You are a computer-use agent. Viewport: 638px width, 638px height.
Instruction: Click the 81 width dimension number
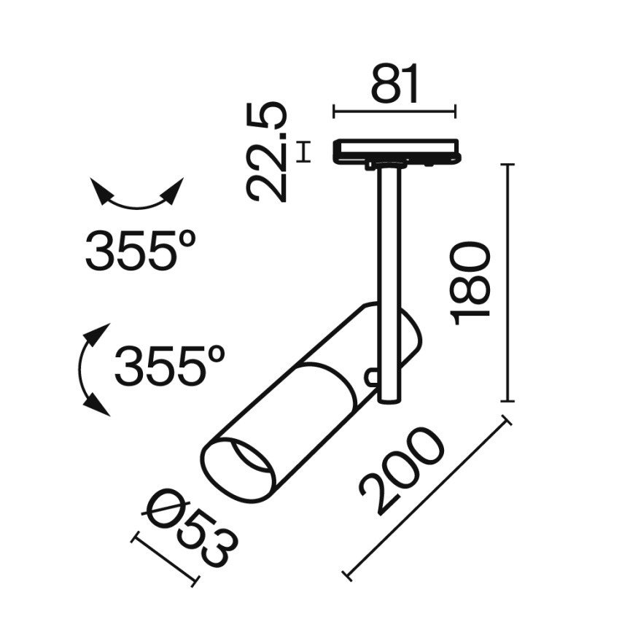coord(396,84)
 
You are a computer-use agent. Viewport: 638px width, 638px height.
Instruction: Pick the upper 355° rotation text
coord(141,250)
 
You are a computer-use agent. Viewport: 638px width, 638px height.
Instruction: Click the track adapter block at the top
coord(396,151)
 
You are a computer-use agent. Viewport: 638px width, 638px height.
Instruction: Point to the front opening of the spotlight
coord(238,470)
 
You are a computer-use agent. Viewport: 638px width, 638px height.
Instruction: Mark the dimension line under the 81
coord(394,112)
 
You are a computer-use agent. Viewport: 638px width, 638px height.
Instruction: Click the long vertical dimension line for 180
coord(507,283)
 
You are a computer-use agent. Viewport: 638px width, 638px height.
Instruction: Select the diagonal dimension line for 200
coord(428,499)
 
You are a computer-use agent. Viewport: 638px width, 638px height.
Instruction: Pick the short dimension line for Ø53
coord(165,560)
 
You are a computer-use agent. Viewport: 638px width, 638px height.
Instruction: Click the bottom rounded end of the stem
coord(390,398)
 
